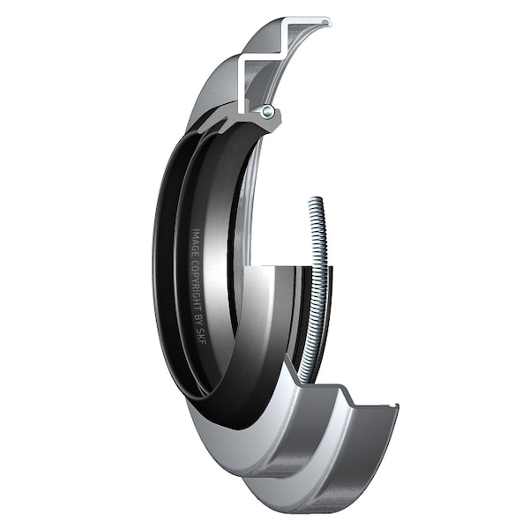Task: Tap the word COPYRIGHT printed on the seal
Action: point(196,284)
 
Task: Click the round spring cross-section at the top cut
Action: point(267,111)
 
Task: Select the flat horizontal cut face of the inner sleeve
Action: point(273,265)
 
